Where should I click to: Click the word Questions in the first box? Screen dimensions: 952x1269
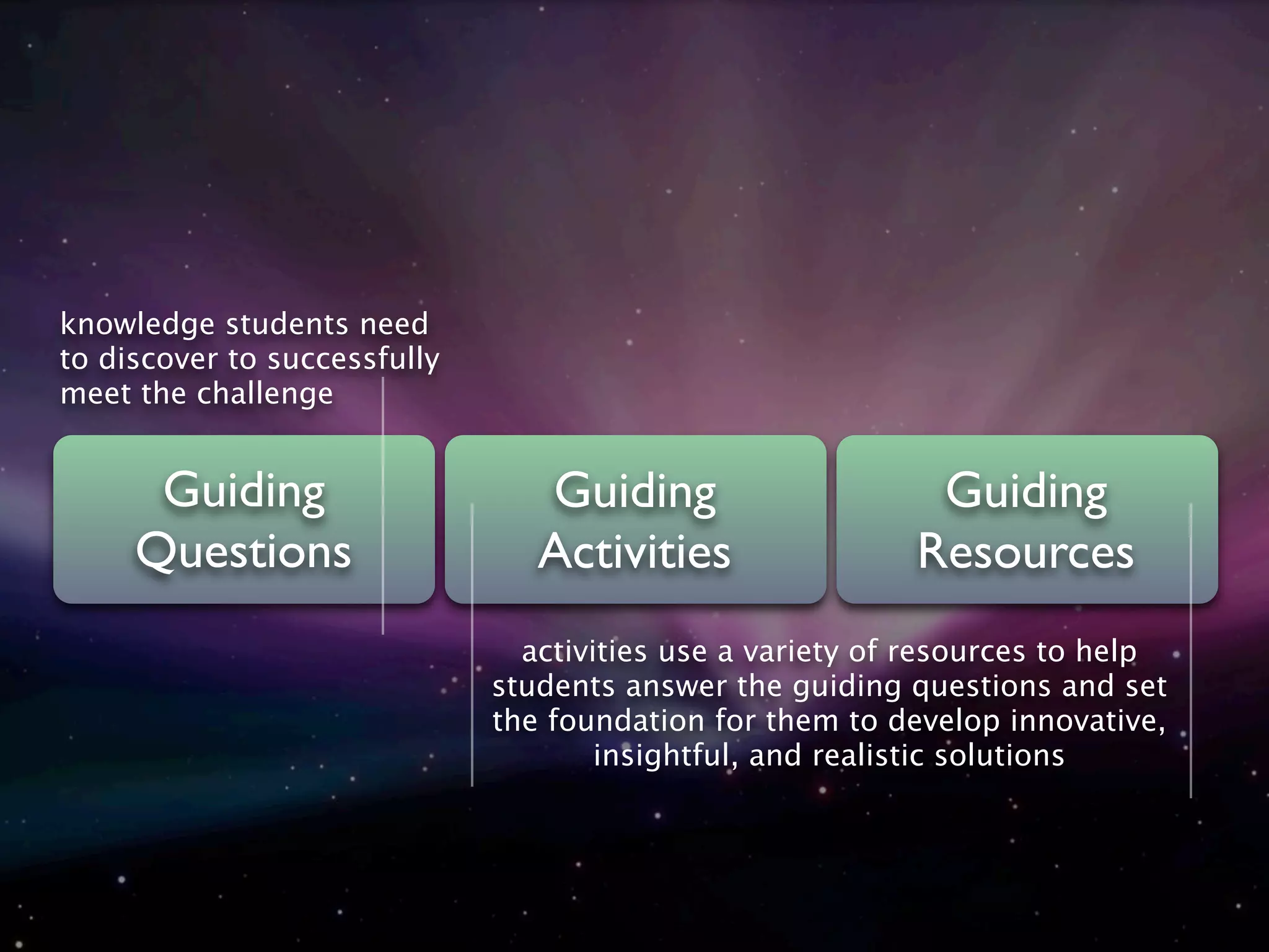click(x=244, y=552)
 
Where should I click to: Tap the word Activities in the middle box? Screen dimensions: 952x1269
click(x=634, y=552)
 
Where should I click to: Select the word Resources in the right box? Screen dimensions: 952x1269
click(x=1026, y=552)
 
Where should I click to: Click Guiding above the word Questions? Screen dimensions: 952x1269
click(x=244, y=491)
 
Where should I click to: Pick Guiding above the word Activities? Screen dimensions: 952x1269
click(x=635, y=491)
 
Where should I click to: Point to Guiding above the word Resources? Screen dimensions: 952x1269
click(x=1027, y=491)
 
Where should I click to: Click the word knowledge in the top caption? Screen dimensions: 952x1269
click(x=138, y=324)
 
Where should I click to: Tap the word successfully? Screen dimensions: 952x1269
click(x=353, y=359)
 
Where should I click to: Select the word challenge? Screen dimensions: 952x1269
click(x=265, y=394)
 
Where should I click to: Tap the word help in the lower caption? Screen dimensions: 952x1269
click(x=1106, y=652)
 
